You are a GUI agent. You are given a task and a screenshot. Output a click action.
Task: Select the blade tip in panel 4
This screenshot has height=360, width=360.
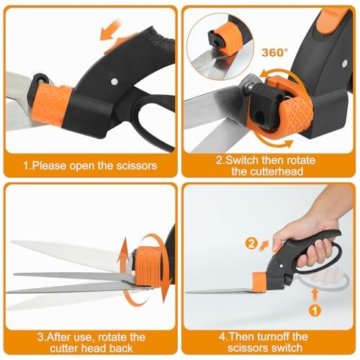tap(189, 292)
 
